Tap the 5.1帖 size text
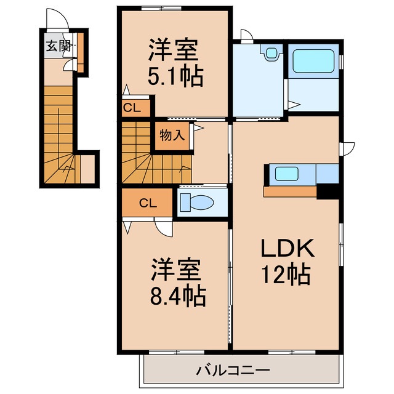point(175,76)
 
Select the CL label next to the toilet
point(146,203)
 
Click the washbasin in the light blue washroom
point(270,53)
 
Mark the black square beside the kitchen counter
point(327,191)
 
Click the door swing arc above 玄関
point(56,19)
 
